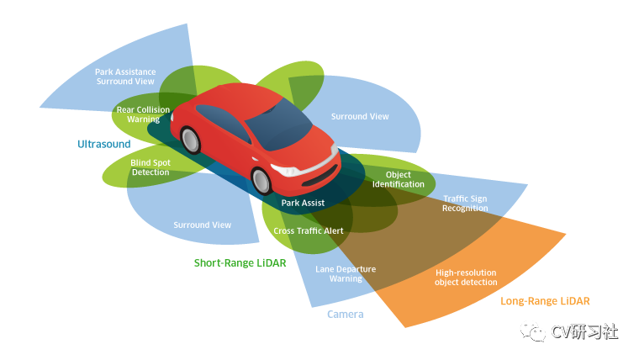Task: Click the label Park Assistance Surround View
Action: [125, 77]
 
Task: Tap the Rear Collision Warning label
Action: [143, 114]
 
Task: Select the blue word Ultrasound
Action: [104, 144]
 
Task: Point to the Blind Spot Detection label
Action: [150, 167]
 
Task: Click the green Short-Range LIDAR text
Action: [240, 262]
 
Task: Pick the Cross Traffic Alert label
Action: [309, 230]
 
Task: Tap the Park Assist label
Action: [303, 203]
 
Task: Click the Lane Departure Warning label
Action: [346, 273]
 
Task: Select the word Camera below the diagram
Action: [345, 314]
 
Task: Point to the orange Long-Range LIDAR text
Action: [545, 300]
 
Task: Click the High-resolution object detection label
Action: [466, 277]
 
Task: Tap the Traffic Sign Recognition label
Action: [465, 203]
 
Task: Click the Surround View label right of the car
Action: [360, 116]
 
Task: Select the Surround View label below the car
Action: [202, 225]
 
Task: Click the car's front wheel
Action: [262, 180]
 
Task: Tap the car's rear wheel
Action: [189, 139]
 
